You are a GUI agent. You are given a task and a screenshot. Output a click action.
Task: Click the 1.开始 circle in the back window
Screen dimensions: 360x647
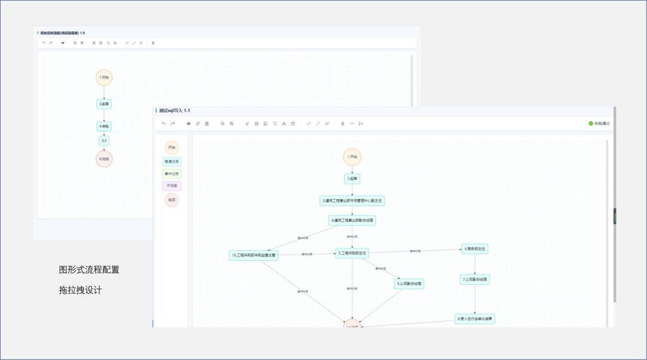coord(104,77)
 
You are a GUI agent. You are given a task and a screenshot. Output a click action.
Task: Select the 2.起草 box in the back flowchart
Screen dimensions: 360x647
coord(104,104)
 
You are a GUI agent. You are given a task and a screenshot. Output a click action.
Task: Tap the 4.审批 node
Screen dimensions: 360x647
coord(104,126)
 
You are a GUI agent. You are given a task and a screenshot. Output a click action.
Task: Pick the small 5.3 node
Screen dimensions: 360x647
coord(104,141)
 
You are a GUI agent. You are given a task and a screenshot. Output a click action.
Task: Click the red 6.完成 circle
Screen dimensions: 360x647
coord(104,159)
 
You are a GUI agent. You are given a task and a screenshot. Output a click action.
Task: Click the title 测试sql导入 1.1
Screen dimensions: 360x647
coord(174,111)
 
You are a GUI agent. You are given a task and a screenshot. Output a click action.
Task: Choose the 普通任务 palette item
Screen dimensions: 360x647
coord(172,161)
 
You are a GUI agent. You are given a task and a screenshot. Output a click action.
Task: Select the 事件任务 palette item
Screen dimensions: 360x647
coord(172,174)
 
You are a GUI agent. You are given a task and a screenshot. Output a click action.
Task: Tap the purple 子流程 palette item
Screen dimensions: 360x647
coord(172,186)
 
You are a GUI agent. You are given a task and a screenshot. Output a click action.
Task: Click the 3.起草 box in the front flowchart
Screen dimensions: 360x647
coord(352,179)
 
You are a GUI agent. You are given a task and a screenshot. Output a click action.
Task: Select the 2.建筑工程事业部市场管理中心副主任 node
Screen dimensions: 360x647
coord(352,201)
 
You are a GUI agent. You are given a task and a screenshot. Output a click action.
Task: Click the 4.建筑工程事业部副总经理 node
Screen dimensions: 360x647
coord(352,220)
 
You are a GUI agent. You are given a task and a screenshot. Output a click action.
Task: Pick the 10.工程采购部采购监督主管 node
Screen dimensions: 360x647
coord(254,255)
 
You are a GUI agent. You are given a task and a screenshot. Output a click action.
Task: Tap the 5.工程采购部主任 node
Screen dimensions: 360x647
coord(352,253)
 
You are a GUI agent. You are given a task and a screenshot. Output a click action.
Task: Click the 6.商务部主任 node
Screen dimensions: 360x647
coord(474,249)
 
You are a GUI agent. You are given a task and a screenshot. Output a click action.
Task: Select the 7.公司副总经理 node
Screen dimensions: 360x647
coord(475,279)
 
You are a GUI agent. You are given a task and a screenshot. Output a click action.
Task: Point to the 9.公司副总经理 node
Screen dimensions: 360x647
coord(409,284)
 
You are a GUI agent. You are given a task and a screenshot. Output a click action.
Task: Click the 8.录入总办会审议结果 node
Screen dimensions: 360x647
coord(475,319)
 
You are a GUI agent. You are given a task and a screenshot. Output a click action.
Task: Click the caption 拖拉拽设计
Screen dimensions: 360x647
coord(80,290)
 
